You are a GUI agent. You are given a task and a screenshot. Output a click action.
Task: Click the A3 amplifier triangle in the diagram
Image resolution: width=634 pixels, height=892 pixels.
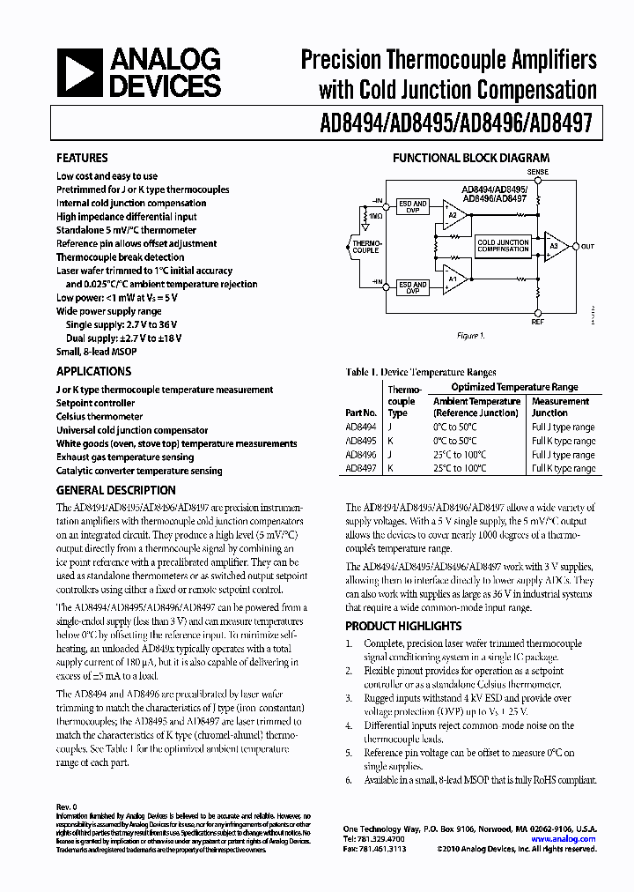(556, 247)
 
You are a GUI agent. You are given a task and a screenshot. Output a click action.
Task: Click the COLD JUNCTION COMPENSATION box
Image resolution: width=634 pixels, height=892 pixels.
(503, 246)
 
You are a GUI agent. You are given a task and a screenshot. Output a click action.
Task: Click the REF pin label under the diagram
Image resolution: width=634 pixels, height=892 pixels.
(536, 323)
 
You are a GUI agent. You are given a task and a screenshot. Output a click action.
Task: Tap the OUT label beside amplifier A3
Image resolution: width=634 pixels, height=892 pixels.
(587, 247)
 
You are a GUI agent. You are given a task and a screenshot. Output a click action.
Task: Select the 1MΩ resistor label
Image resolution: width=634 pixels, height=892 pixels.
(375, 216)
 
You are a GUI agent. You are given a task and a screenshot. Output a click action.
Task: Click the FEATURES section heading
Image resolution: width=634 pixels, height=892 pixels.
(82, 159)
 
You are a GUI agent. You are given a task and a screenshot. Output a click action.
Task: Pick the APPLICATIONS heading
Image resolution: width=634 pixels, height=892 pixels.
(93, 372)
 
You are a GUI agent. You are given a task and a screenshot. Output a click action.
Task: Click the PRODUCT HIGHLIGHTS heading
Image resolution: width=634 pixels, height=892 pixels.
(402, 626)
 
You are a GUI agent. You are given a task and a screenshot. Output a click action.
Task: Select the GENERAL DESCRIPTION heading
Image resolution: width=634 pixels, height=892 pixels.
(115, 490)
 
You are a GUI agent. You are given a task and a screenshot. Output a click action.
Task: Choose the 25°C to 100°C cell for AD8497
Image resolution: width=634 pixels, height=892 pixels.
(459, 469)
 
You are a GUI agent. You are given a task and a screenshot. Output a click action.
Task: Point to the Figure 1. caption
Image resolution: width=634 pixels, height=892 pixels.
(468, 336)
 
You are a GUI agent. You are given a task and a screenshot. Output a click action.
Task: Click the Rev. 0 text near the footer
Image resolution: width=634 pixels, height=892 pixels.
(67, 807)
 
